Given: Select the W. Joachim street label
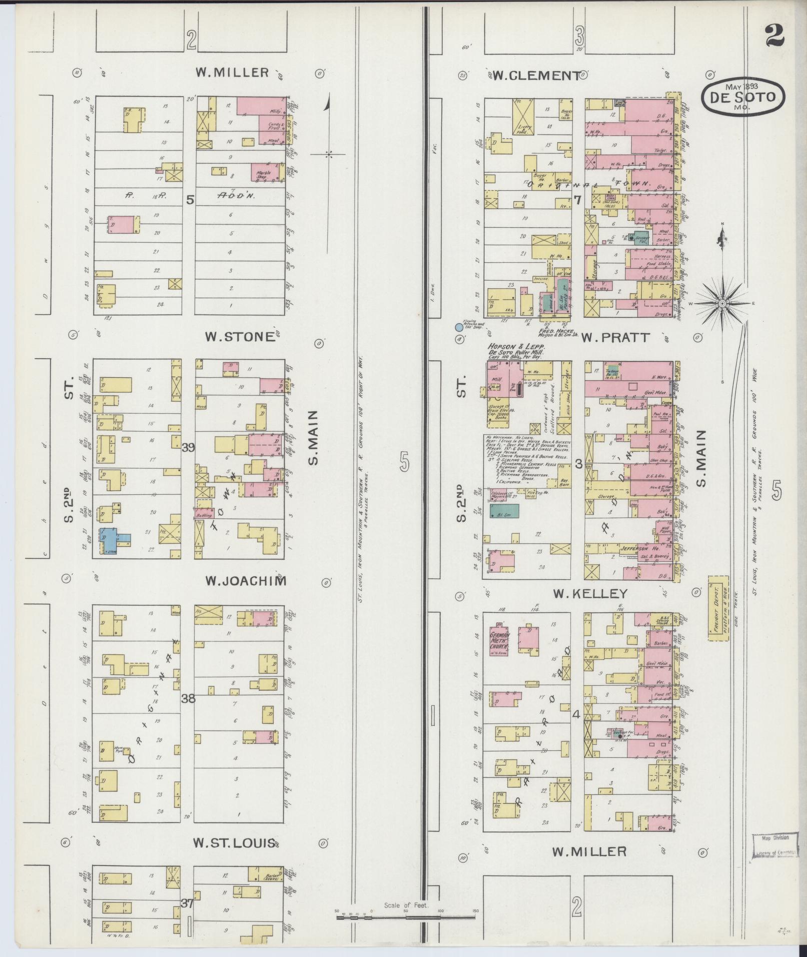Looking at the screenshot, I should pyautogui.click(x=246, y=581).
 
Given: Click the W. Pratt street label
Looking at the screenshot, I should pyautogui.click(x=615, y=337).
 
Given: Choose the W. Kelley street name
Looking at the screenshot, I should pyautogui.click(x=590, y=593).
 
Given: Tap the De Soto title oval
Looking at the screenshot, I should pyautogui.click(x=743, y=96).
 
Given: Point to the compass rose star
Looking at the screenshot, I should pyautogui.click(x=722, y=303).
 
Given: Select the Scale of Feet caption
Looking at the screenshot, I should pyautogui.click(x=406, y=905).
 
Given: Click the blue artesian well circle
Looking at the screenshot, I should pyautogui.click(x=458, y=328).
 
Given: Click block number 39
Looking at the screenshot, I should pyautogui.click(x=189, y=447).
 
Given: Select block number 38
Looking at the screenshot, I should pyautogui.click(x=188, y=698).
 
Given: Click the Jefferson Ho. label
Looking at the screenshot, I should pyautogui.click(x=634, y=548).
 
